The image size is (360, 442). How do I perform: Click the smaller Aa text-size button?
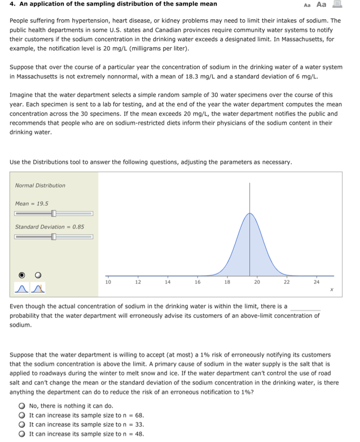point(307,5)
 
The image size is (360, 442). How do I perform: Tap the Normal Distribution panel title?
point(40,185)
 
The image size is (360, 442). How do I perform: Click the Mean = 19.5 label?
point(32,203)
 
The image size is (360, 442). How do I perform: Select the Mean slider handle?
point(54,213)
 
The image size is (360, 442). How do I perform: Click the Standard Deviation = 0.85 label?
point(50,226)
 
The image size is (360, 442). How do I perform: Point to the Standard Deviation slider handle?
point(54,237)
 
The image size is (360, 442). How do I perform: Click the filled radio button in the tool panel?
point(23,275)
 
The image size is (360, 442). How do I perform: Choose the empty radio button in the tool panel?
point(39,275)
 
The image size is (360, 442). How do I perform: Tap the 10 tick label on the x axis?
point(108,281)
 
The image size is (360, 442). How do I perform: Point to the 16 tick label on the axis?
point(197,281)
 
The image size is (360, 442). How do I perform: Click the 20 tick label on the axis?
point(257,281)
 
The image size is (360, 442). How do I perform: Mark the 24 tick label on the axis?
point(317,281)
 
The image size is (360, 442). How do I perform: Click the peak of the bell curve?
point(249,213)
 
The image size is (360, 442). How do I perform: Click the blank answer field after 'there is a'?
point(305,307)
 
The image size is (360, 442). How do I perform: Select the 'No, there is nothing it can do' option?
point(21,405)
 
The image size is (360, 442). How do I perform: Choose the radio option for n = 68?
point(21,415)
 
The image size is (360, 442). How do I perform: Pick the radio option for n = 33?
point(21,425)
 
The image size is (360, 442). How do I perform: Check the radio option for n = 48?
point(21,434)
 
